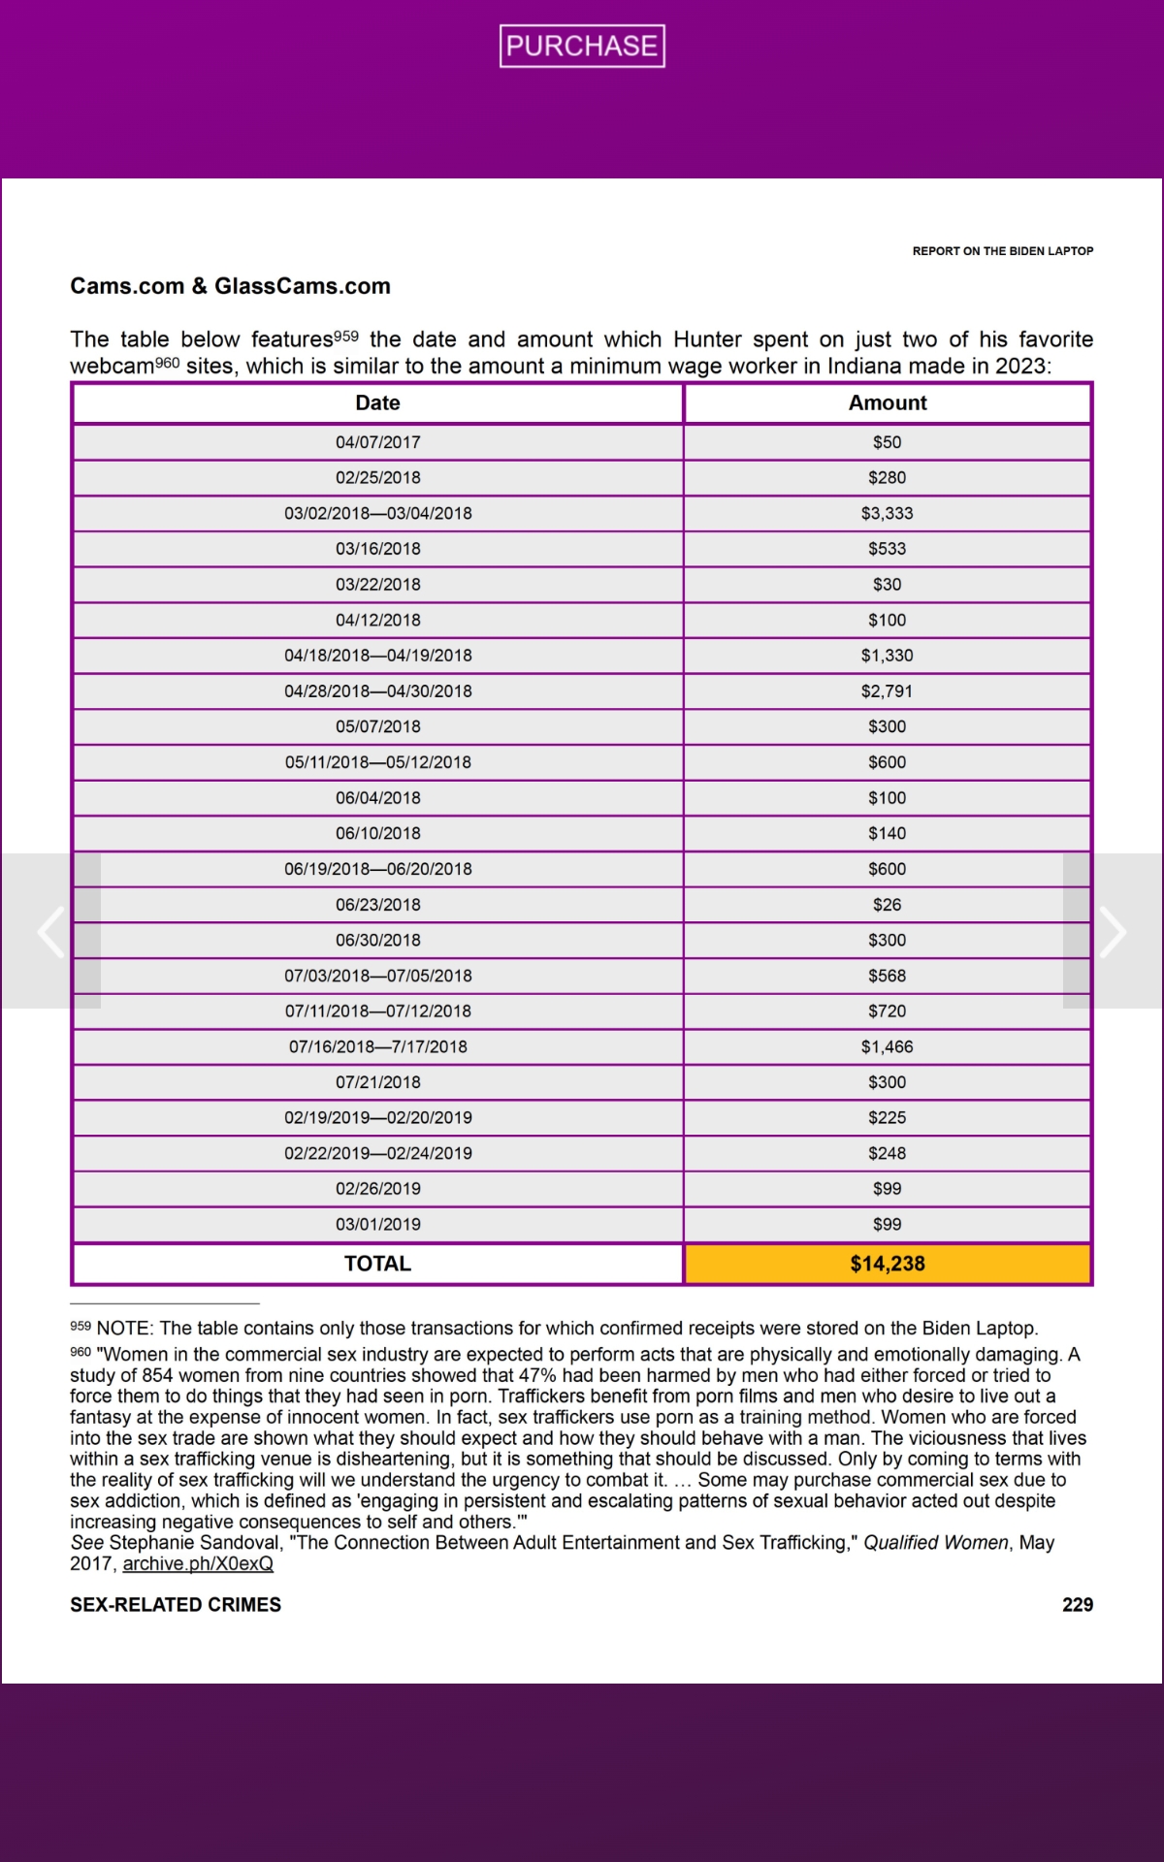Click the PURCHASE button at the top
coord(582,46)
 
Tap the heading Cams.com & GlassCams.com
coord(230,286)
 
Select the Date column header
coord(377,403)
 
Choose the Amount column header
coord(888,403)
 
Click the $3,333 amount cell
coord(887,513)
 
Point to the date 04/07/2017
coord(377,442)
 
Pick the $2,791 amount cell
coord(887,691)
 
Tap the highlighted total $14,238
coord(888,1264)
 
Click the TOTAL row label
coord(377,1264)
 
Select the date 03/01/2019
coord(377,1224)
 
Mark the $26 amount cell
coord(887,905)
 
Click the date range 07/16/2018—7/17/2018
coord(377,1046)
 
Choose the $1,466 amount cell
coord(887,1046)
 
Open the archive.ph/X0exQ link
coord(198,1563)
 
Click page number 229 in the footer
coord(1077,1605)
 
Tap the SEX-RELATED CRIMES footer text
coord(176,1605)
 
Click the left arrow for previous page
coord(50,931)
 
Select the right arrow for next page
coord(1113,931)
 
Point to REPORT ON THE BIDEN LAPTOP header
coord(1002,251)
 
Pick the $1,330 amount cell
coord(887,656)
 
